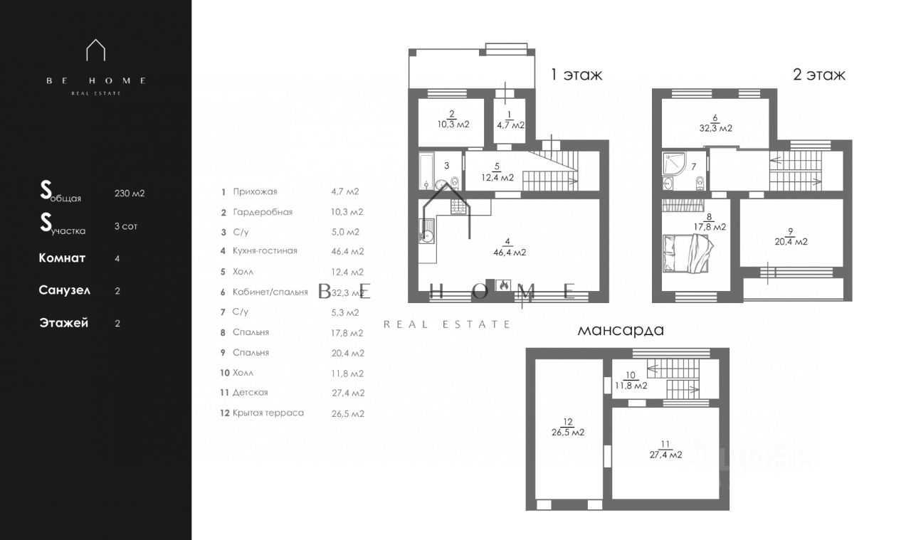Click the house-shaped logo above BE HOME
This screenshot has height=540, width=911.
pos(95,50)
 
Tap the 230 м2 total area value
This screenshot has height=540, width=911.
pos(130,193)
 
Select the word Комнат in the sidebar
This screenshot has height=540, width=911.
pos(62,258)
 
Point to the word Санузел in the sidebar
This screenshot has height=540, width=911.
pos(64,290)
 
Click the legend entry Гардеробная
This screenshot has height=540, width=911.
pos(263,212)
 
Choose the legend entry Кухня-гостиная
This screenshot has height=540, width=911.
pos(265,250)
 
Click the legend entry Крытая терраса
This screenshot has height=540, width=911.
pos(268,413)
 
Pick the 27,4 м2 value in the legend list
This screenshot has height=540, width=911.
pos(348,393)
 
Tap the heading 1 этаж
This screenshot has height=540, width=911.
pos(576,75)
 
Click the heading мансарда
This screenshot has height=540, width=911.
pos(621,330)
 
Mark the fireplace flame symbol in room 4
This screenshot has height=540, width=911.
pos(503,285)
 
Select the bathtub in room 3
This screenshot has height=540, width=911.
pos(426,171)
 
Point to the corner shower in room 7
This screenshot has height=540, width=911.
pos(674,163)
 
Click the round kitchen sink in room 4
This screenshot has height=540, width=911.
pos(426,235)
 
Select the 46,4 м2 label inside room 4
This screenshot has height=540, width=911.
pos(510,252)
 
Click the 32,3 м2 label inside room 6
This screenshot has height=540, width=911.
pos(716,128)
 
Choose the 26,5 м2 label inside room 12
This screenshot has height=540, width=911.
pos(568,433)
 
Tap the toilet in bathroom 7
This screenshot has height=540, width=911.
pos(700,183)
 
